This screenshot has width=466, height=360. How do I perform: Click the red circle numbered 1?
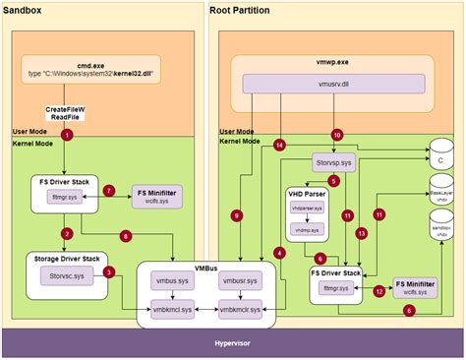(67, 134)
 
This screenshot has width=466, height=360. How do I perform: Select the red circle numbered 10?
(337, 134)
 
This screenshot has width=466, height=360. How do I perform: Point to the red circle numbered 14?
(279, 146)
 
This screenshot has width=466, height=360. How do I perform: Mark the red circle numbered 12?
(379, 290)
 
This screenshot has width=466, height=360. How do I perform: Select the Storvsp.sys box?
(333, 159)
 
